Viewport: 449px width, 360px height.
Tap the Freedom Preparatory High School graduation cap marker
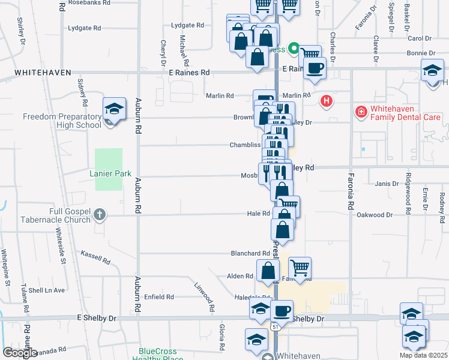114,109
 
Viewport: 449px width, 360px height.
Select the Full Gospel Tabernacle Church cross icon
100,214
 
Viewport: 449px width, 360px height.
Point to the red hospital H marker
327,101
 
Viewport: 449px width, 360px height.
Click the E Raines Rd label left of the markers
189,72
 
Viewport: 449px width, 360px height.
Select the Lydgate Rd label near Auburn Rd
85,28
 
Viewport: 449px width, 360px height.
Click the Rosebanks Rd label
90,3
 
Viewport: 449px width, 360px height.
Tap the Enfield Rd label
159,296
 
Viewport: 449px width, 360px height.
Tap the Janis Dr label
387,184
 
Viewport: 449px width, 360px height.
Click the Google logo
20,353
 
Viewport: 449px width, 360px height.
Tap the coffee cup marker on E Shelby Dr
282,311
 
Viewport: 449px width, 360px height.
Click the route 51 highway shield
275,326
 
